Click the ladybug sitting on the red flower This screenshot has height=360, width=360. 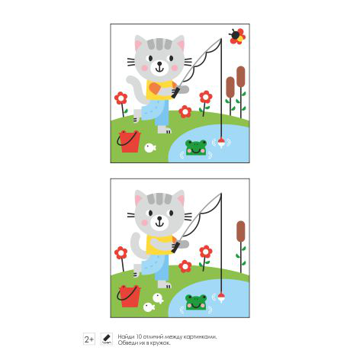(234, 34)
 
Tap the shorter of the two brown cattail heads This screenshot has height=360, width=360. (230, 87)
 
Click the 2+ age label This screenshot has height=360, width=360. (89, 339)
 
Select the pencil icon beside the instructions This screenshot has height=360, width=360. (106, 339)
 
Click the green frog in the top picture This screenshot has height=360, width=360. (196, 147)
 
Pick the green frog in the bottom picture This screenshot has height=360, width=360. (196, 302)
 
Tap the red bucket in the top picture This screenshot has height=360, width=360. (130, 142)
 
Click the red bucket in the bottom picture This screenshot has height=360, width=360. (130, 296)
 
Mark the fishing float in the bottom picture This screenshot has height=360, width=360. (221, 297)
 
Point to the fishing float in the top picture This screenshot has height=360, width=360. (221, 143)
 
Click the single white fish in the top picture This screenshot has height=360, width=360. (150, 148)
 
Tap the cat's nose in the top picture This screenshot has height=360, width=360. (159, 63)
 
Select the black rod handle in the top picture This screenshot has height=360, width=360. (176, 92)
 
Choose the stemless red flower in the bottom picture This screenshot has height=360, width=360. (185, 266)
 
